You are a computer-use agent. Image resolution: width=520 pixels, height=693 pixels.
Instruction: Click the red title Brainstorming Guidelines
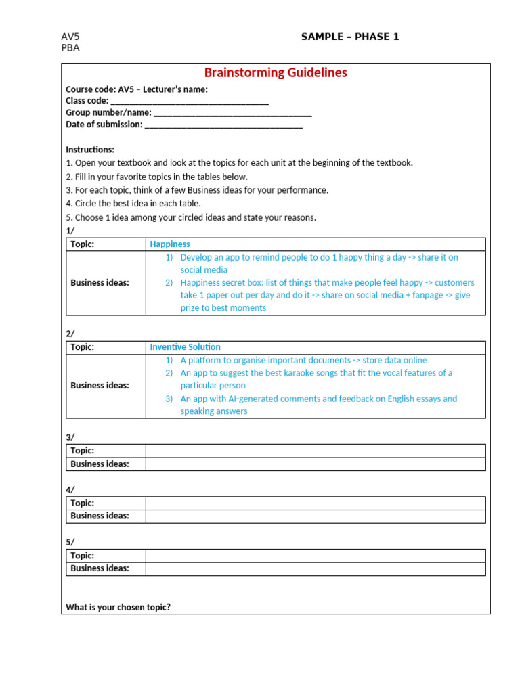click(x=276, y=73)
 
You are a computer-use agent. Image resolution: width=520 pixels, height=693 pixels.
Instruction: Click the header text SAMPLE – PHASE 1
click(x=350, y=37)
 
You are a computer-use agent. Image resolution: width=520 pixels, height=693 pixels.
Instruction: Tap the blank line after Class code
click(x=190, y=101)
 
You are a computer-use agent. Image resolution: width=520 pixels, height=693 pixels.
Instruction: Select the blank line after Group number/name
click(x=232, y=113)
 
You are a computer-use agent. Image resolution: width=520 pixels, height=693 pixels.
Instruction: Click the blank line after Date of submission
click(x=223, y=125)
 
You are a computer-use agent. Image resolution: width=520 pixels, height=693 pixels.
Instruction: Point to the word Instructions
click(x=90, y=150)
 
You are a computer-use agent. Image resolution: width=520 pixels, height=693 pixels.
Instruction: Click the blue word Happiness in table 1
click(x=170, y=244)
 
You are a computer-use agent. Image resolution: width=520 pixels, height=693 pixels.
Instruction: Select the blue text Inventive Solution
click(x=185, y=347)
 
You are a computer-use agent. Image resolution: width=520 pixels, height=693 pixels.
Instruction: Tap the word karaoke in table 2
click(x=290, y=373)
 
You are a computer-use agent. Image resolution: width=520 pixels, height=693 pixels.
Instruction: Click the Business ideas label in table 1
click(x=100, y=283)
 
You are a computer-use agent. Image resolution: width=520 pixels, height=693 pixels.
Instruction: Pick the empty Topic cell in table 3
click(x=315, y=451)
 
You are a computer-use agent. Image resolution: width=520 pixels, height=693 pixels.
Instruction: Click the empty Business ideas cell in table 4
click(x=315, y=516)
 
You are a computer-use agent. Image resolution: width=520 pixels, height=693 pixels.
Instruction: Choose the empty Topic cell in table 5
click(x=315, y=556)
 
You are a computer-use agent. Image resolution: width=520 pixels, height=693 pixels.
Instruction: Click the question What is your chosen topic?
click(x=118, y=608)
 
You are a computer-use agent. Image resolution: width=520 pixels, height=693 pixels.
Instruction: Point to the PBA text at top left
click(x=70, y=48)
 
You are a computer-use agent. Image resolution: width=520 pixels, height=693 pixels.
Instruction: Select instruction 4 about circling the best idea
click(x=133, y=204)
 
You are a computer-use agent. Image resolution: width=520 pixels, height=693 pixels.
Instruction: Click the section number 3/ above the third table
click(x=70, y=438)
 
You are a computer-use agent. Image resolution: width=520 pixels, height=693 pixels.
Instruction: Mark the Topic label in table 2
click(x=82, y=347)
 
